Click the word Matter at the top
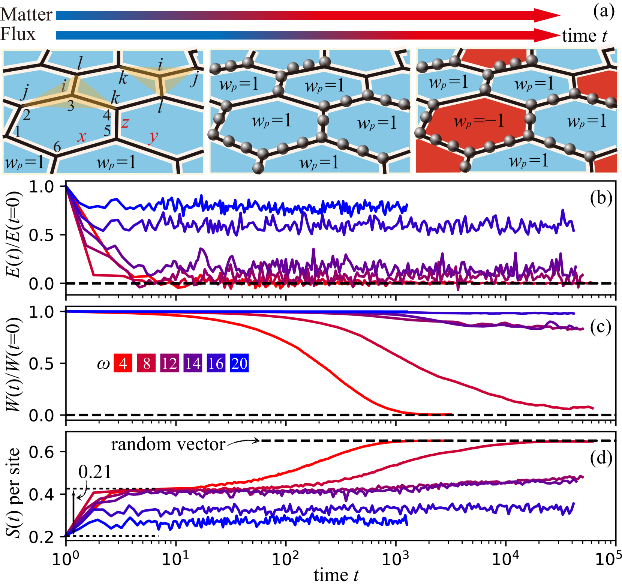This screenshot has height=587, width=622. pos(26,15)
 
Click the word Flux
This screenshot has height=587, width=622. pos(18,34)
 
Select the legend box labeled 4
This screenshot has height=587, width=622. pos(123,363)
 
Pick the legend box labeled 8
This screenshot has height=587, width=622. pos(146,363)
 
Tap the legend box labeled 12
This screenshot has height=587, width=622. pos(169,363)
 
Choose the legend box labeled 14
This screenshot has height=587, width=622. pos(193,363)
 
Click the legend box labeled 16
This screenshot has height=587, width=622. pos(216,363)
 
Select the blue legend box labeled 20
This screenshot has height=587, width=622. pos(239,363)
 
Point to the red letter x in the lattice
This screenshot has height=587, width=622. pos(82,136)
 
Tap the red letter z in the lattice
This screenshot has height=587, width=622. pos(125,122)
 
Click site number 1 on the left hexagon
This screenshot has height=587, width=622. pos(17,132)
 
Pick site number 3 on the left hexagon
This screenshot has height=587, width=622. pos(71,106)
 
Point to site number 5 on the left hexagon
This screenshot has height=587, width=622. pos(107,131)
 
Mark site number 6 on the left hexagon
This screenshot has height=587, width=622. pos(57,147)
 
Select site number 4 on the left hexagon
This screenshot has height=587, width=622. pos(107,115)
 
